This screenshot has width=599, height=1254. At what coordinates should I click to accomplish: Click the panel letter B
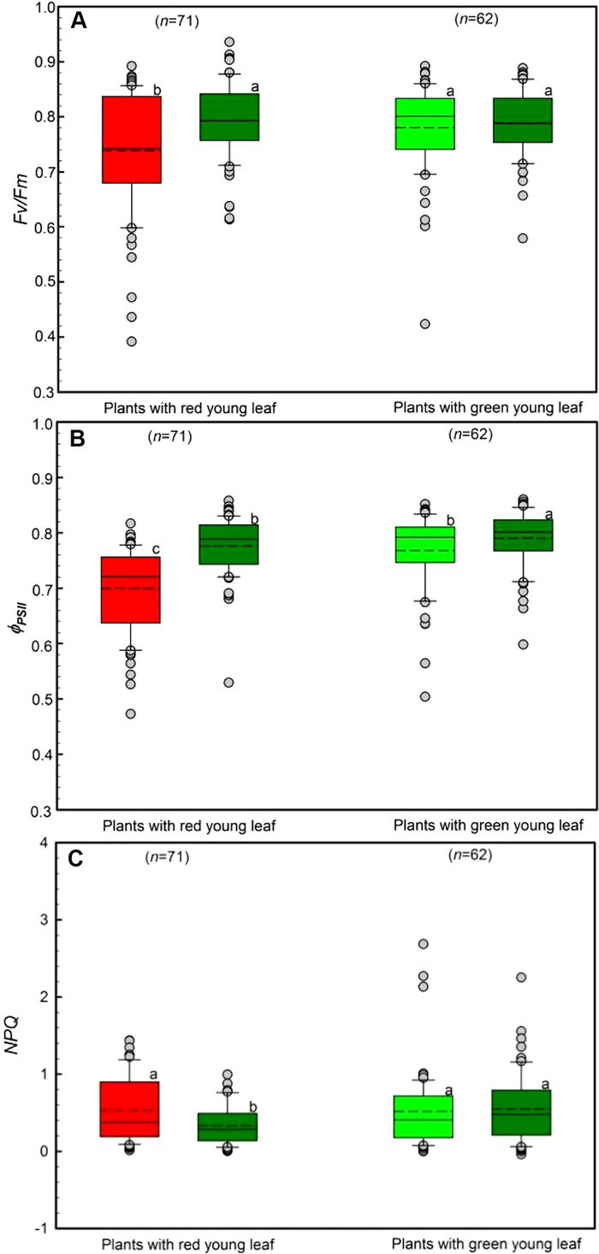79,442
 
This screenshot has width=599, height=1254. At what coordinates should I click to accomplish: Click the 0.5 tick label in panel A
43,282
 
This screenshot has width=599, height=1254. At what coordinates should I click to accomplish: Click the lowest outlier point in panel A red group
132,341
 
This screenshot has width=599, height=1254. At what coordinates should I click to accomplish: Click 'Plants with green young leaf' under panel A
489,409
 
